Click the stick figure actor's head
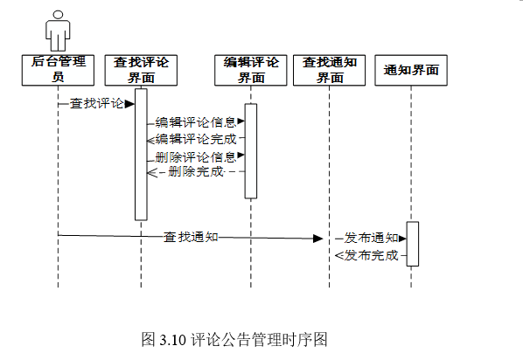point(58,15)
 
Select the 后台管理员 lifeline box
point(58,70)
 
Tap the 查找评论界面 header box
point(141,70)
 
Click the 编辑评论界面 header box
point(251,70)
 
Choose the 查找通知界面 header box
point(329,70)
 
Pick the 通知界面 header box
point(411,70)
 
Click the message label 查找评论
point(97,104)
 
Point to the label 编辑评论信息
point(196,122)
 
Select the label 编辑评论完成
point(196,139)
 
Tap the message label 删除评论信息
point(196,156)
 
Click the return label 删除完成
point(196,171)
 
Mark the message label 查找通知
point(191,237)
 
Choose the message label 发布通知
point(371,238)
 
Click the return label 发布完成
point(371,255)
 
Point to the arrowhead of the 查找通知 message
point(317,239)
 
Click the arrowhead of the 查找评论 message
point(129,104)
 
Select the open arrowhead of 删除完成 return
point(152,172)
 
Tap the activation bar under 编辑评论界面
point(251,151)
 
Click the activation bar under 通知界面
point(412,244)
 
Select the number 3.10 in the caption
point(173,340)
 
